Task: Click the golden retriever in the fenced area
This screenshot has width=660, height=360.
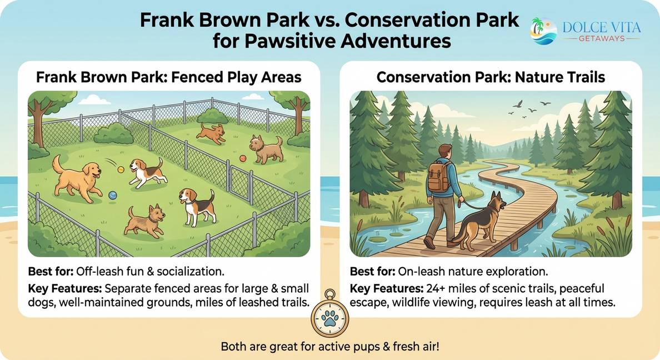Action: pyautogui.click(x=78, y=179)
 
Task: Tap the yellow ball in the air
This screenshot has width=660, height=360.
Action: pyautogui.click(x=121, y=169)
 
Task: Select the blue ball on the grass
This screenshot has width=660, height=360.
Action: pyautogui.click(x=112, y=196)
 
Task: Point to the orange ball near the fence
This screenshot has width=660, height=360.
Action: pyautogui.click(x=243, y=158)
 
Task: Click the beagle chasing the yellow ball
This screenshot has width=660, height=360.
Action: pyautogui.click(x=146, y=172)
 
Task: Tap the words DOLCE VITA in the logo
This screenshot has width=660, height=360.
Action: pyautogui.click(x=602, y=28)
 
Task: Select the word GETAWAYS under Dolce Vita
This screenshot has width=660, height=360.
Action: pyautogui.click(x=602, y=38)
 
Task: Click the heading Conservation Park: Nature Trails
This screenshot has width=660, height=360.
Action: pyautogui.click(x=491, y=77)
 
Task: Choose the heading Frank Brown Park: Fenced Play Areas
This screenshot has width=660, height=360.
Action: pyautogui.click(x=169, y=77)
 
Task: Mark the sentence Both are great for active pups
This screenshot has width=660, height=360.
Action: pyautogui.click(x=330, y=347)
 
